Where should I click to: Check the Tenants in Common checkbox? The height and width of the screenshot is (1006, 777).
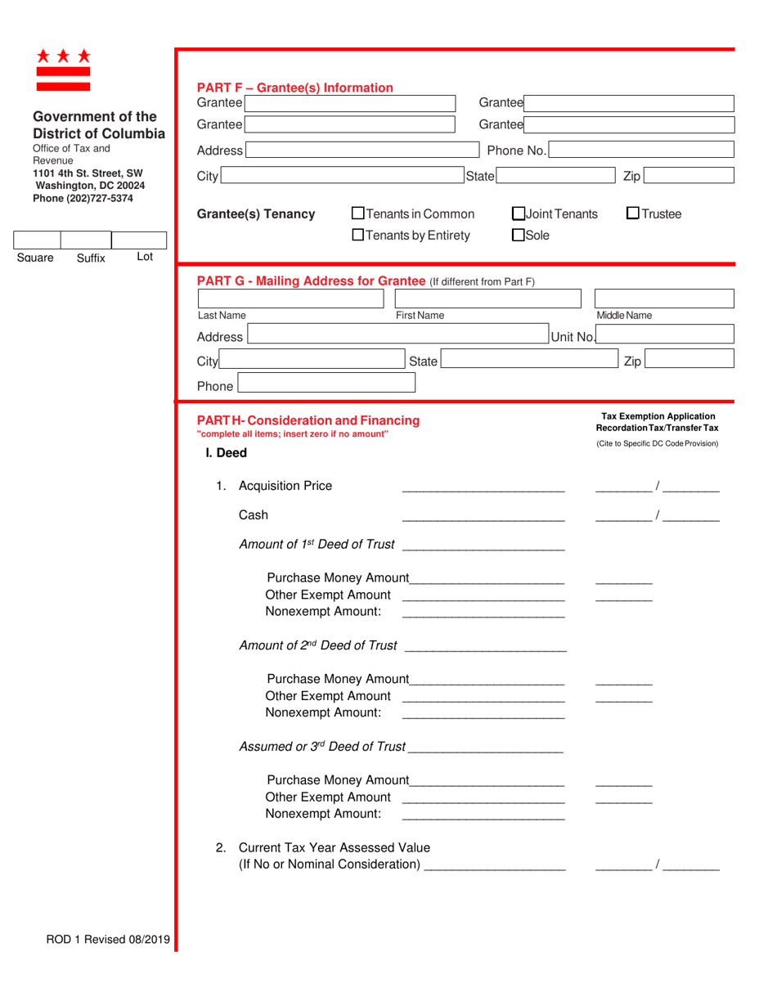[x=357, y=214]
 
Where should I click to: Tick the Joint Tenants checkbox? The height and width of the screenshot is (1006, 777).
[x=519, y=214]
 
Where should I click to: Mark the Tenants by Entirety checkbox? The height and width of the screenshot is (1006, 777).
[x=357, y=236]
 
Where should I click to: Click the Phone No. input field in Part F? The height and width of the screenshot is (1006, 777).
[x=640, y=150]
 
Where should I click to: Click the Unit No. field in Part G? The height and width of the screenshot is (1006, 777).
[x=665, y=336]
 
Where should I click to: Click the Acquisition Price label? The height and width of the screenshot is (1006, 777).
[x=285, y=486]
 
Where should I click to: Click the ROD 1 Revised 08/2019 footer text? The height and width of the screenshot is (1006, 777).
[x=108, y=940]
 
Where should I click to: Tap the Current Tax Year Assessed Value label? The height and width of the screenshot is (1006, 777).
[x=334, y=847]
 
